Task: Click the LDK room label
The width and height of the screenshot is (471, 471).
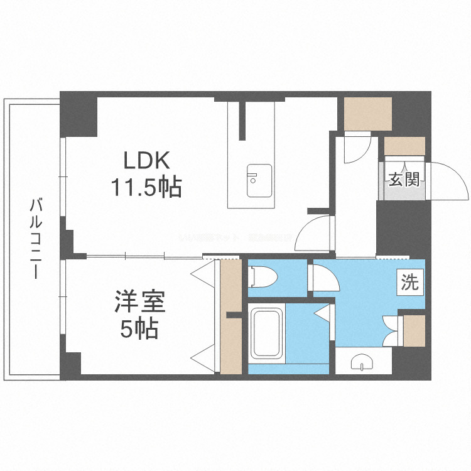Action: click(146, 162)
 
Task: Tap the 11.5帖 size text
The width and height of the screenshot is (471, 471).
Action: click(146, 187)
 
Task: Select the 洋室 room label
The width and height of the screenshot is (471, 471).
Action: click(139, 302)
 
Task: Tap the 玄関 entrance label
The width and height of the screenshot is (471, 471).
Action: click(403, 180)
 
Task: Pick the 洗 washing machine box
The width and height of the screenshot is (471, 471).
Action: click(409, 283)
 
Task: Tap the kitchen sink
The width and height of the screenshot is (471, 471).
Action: click(259, 181)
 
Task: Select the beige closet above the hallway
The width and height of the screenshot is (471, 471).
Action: click(367, 113)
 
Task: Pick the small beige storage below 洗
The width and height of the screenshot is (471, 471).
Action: click(414, 330)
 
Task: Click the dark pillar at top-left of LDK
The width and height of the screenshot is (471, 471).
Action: click(79, 114)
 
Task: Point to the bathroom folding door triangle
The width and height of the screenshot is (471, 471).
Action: click(324, 313)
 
